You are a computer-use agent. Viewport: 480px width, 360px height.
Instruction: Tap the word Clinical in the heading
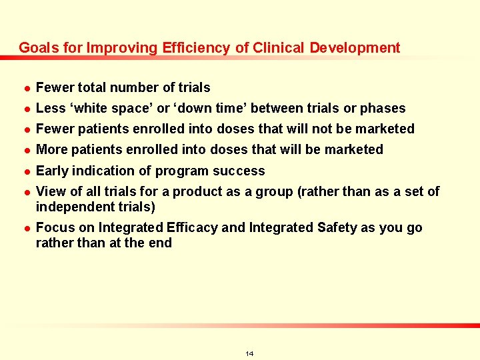coord(276,48)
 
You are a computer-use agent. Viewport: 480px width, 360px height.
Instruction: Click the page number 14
coord(249,353)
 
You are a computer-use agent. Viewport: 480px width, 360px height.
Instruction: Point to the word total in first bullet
coord(93,87)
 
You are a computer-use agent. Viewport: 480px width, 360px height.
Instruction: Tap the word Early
coord(53,171)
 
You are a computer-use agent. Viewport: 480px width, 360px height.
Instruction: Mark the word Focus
coord(54,227)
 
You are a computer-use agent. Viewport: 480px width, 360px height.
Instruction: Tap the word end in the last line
coord(160,243)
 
